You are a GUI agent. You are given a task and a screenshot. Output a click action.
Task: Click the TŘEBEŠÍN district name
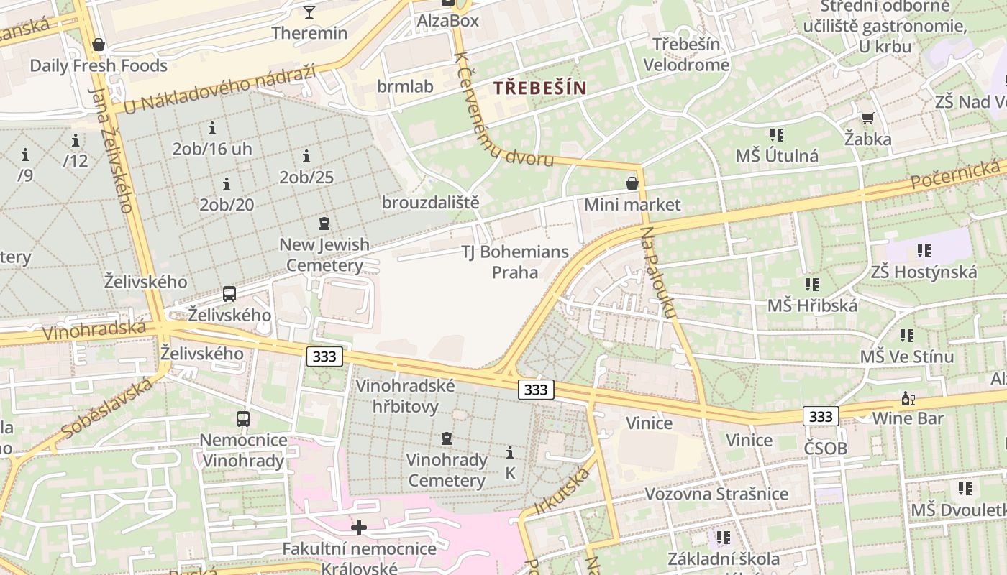(x=539, y=88)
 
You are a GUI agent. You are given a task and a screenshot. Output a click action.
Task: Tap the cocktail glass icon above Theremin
(x=309, y=11)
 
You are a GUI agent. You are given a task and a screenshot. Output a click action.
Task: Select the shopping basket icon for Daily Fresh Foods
(x=99, y=45)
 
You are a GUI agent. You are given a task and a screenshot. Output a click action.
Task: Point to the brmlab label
(x=405, y=87)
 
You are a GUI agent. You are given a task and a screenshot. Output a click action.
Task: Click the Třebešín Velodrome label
(x=686, y=55)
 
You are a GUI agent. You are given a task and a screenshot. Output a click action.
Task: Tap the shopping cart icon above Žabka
(x=867, y=119)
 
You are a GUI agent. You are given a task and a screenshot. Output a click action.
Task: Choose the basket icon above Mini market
(x=632, y=184)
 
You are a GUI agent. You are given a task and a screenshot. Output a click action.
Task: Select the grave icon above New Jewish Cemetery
(x=324, y=224)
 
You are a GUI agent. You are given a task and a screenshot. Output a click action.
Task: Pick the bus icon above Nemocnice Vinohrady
(x=243, y=418)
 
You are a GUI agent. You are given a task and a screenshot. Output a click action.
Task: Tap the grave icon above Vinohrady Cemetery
(x=447, y=438)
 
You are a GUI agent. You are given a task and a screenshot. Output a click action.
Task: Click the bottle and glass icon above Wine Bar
(x=908, y=399)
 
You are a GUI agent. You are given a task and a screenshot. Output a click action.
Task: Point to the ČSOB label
(x=826, y=449)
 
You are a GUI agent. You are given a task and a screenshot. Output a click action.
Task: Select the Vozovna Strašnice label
(x=716, y=494)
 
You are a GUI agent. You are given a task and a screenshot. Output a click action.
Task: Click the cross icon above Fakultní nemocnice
(x=358, y=528)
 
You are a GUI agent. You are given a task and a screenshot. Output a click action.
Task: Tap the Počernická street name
(x=955, y=175)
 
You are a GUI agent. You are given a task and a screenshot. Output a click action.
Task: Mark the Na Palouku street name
(x=660, y=273)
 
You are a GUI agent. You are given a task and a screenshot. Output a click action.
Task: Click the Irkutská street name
(x=562, y=492)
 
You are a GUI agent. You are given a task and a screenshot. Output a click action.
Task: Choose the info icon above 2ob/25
(x=306, y=156)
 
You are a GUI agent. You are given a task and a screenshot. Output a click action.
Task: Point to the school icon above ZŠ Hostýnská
(x=924, y=251)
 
